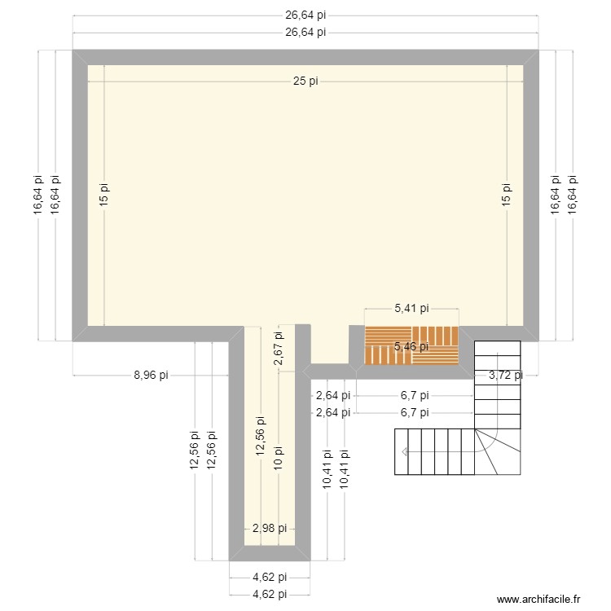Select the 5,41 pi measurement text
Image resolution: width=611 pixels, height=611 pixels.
coord(411,309)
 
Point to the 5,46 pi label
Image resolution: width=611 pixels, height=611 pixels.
coord(411,347)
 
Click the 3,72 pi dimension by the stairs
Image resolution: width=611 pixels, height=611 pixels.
coord(505,376)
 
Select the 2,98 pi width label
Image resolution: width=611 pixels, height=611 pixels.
coord(269,529)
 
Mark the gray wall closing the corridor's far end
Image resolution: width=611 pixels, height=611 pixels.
coord(270,553)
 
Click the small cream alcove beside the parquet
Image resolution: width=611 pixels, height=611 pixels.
coord(329,346)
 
